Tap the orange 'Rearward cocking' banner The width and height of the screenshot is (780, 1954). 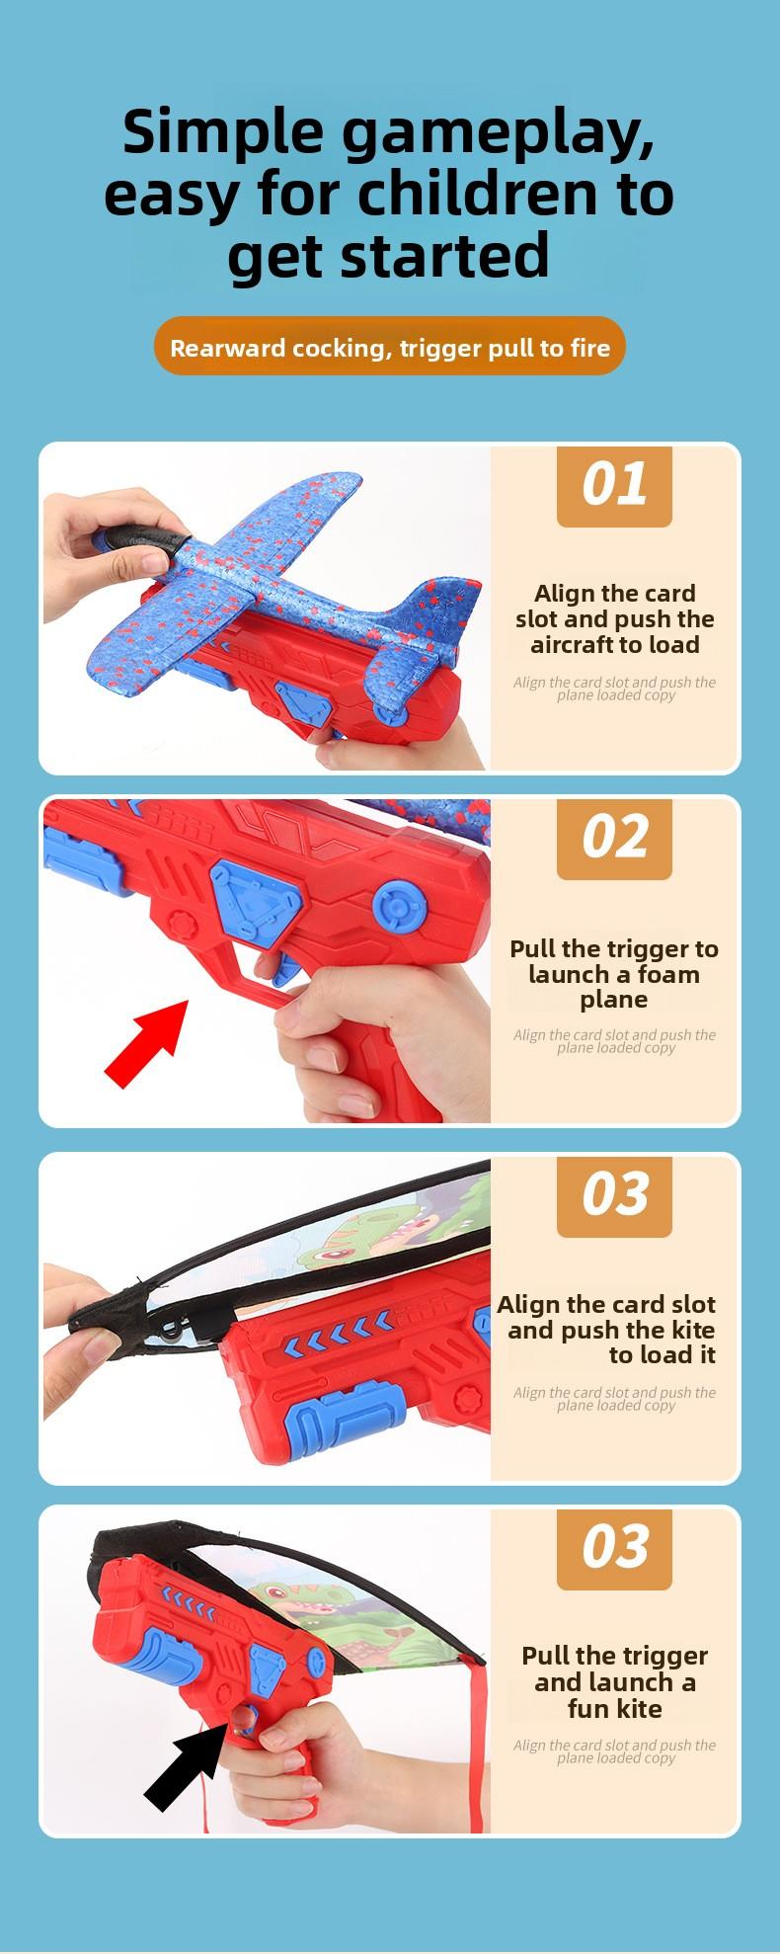click(x=390, y=347)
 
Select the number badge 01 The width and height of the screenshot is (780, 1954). click(x=614, y=485)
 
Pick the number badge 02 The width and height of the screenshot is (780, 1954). click(x=614, y=839)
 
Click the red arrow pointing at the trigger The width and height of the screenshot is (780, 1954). click(x=146, y=1043)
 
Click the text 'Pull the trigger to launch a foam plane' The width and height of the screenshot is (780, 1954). click(x=614, y=974)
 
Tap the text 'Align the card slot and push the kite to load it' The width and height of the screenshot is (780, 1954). click(x=606, y=1330)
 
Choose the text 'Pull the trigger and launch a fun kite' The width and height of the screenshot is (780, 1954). click(x=614, y=1682)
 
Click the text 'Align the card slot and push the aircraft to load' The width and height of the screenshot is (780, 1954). click(x=614, y=619)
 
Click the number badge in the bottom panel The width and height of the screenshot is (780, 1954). click(x=614, y=1547)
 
